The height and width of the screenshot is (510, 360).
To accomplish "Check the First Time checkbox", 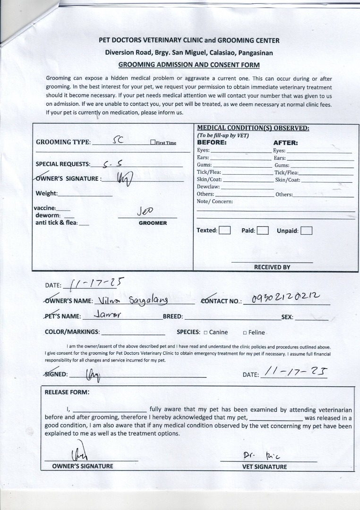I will click(x=153, y=142).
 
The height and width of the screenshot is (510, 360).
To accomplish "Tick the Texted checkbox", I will click(x=225, y=230).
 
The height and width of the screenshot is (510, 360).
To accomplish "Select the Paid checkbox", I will click(x=263, y=230).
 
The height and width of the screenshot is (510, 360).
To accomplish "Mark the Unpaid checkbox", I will click(x=306, y=230).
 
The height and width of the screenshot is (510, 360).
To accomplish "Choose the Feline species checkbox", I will click(x=245, y=332).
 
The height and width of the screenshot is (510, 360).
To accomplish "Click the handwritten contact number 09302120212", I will click(x=286, y=297).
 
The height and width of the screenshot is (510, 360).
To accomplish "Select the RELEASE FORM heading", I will click(x=67, y=392).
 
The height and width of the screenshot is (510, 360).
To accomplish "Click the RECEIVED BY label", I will click(x=272, y=267).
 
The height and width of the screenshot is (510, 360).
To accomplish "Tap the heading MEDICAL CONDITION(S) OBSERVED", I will click(x=253, y=128).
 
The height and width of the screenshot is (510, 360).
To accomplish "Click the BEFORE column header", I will click(x=212, y=142).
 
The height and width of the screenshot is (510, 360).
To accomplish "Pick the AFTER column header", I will click(x=285, y=143).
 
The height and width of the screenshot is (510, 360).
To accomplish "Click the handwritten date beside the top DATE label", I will click(x=96, y=283).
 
